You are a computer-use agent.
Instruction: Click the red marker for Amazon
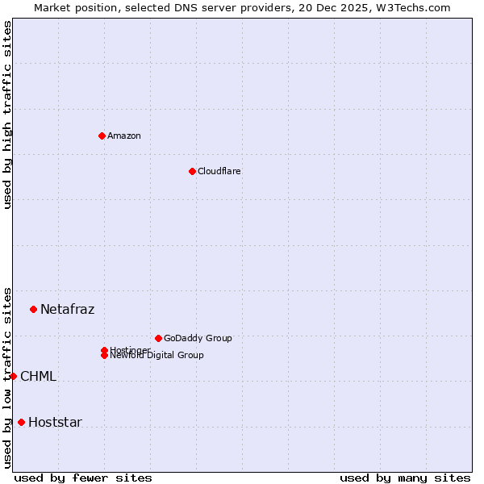point(102,136)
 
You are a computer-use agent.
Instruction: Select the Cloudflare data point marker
point(192,171)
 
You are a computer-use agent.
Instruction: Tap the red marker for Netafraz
point(33,309)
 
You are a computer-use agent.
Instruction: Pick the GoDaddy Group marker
point(158,338)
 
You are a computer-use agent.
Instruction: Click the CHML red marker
point(13,376)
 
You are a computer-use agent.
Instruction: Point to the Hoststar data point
point(21,422)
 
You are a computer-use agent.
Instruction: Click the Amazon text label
point(124,136)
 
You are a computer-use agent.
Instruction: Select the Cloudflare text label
point(219,171)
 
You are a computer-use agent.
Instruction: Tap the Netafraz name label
point(68,309)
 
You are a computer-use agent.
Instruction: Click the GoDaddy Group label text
point(198,338)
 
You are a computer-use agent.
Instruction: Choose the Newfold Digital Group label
point(157,356)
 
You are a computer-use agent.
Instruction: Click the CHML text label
point(39,376)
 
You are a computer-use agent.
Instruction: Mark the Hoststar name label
point(56,422)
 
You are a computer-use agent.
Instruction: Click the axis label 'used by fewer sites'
point(83,478)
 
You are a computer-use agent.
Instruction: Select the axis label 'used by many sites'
point(405,478)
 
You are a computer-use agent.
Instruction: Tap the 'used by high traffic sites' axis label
point(7,115)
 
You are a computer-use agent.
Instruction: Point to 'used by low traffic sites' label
point(7,378)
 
